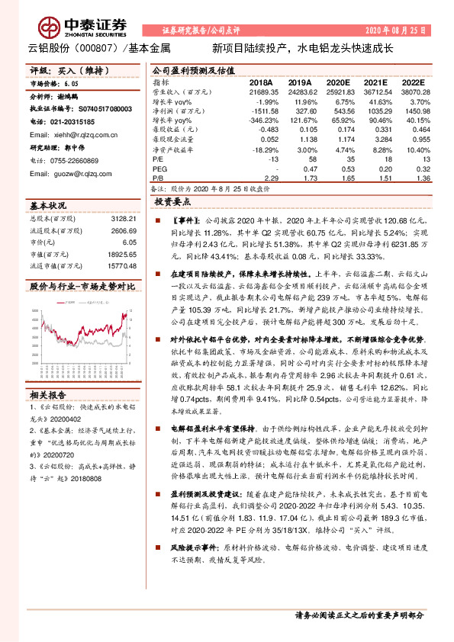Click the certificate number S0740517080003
coord(99,109)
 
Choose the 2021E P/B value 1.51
coord(378,178)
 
